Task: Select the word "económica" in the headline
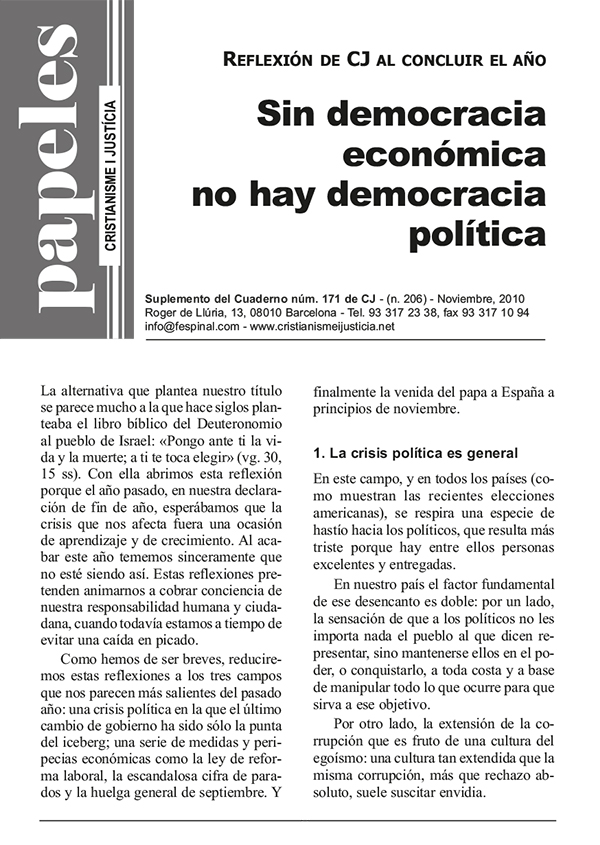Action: pyautogui.click(x=444, y=154)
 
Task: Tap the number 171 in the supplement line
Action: pyautogui.click(x=313, y=299)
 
